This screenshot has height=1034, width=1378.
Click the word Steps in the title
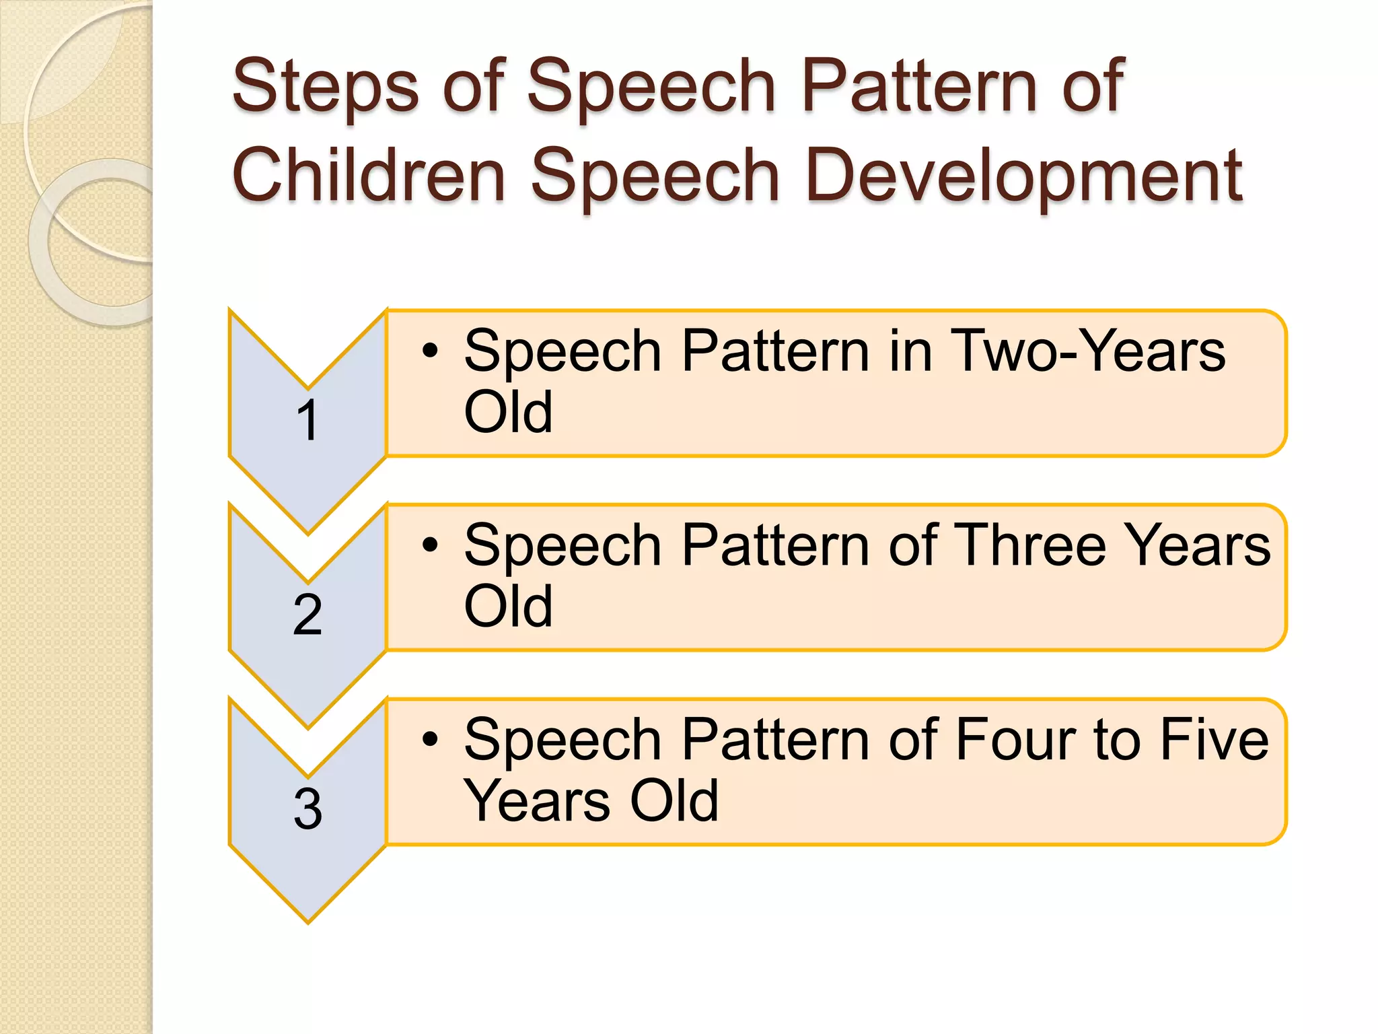coord(325,88)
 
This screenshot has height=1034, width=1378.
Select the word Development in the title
coord(1023,176)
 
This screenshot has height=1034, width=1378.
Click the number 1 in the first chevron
coord(307,421)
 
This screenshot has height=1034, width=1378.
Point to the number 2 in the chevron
coord(307,615)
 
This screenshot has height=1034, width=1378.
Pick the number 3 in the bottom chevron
coord(307,808)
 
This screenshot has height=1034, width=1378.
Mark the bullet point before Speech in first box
coord(430,351)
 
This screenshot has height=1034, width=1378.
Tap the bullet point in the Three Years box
coord(430,545)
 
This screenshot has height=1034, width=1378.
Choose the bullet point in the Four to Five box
coord(430,739)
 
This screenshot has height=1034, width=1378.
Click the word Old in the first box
coord(508,412)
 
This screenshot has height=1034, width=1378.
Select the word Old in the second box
coord(508,606)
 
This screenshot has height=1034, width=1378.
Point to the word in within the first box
coord(910,351)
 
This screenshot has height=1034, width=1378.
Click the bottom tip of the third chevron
coord(308,920)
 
